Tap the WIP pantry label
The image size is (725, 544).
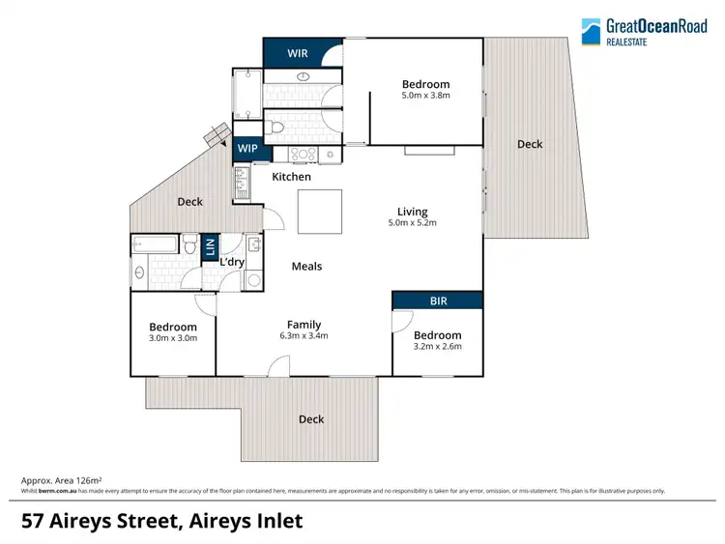(247, 149)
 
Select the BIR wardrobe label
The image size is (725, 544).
(437, 301)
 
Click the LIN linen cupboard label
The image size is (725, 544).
(210, 247)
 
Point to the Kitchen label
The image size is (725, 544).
(291, 177)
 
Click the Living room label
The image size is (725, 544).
(412, 212)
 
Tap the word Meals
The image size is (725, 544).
(306, 266)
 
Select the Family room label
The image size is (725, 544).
(304, 325)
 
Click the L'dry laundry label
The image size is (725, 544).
(232, 263)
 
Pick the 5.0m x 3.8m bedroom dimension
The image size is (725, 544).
(425, 96)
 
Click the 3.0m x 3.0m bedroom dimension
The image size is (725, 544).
(173, 338)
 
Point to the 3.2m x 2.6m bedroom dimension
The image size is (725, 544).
(437, 346)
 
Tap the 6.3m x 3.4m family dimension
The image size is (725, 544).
(304, 336)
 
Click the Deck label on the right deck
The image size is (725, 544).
(530, 144)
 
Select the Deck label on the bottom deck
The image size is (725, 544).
(311, 419)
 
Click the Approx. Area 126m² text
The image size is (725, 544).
(62, 480)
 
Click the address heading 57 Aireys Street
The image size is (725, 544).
(161, 521)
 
